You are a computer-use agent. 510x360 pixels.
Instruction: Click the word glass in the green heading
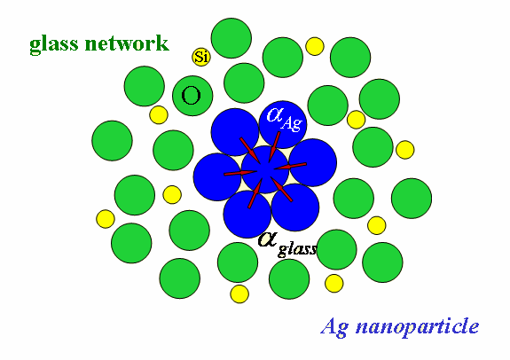pos(54,44)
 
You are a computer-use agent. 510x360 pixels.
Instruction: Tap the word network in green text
pos(127,43)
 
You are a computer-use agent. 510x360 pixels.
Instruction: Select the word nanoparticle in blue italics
pos(417,325)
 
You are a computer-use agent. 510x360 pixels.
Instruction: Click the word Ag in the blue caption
pos(334,327)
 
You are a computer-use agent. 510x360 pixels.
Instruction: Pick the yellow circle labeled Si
pos(201,57)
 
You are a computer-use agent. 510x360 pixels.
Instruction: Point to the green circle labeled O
pos(192,96)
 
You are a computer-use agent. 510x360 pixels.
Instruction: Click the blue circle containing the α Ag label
pos(283,124)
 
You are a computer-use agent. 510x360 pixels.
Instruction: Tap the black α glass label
pos(286,245)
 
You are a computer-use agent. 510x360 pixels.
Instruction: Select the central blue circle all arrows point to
pos(265,169)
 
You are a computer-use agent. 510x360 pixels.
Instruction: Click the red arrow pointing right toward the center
pos(240,173)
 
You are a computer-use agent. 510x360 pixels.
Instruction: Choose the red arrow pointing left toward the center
pos(290,166)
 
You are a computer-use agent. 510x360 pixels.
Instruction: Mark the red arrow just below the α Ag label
pos(274,146)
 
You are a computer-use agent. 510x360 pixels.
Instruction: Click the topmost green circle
pos(231,38)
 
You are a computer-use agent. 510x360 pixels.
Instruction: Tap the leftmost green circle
pos(113,140)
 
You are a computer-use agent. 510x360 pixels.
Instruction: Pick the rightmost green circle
pos(412,198)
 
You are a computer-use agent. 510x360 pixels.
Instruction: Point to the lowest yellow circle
pos(239,294)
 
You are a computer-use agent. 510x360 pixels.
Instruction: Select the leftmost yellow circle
pos(106,219)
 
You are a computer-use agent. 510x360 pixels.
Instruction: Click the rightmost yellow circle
pos(405,150)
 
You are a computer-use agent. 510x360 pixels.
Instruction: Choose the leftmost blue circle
pos(217,177)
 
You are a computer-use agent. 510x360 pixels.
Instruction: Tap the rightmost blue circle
pos(313,162)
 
